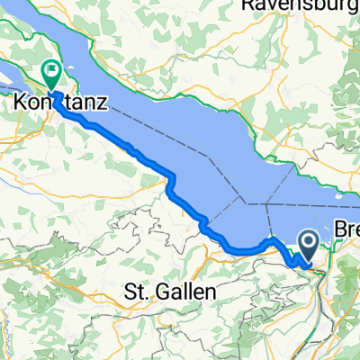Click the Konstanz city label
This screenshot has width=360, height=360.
(x=60, y=103)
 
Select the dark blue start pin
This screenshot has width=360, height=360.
(x=307, y=243)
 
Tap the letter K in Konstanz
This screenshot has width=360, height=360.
(x=22, y=103)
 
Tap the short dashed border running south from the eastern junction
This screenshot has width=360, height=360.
(x=270, y=221)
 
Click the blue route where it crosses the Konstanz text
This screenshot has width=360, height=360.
(x=59, y=103)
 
